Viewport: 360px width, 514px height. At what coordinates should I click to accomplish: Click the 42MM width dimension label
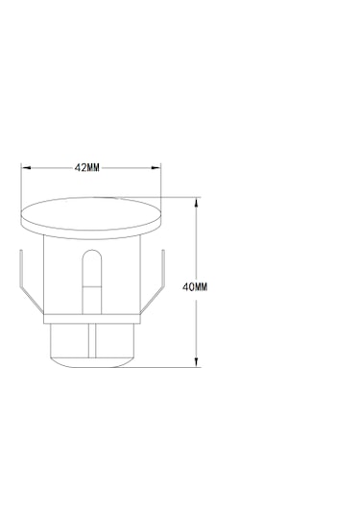[86, 168]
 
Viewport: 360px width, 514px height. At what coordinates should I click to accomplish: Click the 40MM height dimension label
[195, 287]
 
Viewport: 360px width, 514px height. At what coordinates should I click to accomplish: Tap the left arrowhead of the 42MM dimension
[26, 168]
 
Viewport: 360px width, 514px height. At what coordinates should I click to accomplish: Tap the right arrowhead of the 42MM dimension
[156, 168]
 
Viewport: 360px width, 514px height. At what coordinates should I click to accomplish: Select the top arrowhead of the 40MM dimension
[196, 203]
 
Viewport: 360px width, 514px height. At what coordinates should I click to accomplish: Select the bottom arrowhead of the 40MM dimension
[196, 362]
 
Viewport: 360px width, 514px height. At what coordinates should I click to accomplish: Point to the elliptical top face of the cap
[91, 213]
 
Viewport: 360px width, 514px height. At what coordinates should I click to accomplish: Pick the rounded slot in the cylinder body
[92, 281]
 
